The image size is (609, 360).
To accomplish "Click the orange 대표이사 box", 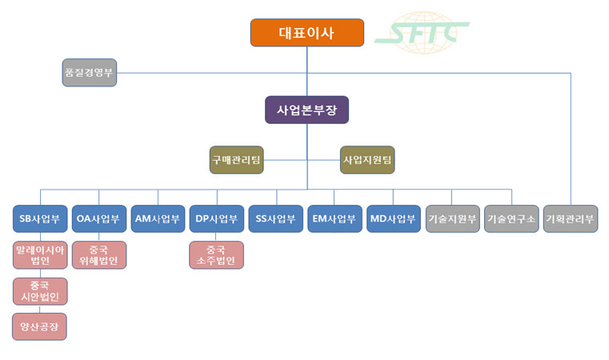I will coord(307,33).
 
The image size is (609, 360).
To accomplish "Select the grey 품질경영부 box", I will coord(90,73).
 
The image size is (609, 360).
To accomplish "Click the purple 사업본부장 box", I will coord(307,110).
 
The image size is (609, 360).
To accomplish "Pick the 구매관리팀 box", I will coord(236,159).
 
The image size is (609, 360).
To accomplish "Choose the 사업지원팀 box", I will coord(367,159).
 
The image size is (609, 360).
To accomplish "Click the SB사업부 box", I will coord(40,218).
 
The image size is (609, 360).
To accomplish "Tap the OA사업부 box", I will coord(98,218).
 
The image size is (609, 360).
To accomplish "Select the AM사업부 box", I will coord(158,218).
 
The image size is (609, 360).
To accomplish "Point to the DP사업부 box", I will coord(217,218).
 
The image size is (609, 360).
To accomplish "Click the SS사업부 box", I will coord(275,218).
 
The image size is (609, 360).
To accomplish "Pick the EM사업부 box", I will coord(335,218).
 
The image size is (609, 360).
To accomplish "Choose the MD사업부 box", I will coord(393,218).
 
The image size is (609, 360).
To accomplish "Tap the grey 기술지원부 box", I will coord(452,218).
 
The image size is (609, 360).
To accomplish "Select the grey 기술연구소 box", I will coord(511,218).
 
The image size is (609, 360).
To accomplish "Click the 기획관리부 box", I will coord(570,218).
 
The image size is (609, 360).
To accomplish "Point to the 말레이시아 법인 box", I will coord(40,254).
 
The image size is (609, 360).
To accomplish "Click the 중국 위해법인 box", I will coord(98,254).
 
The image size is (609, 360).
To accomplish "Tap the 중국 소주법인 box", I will coord(217,254).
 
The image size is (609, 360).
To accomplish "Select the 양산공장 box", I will coord(40,326).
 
